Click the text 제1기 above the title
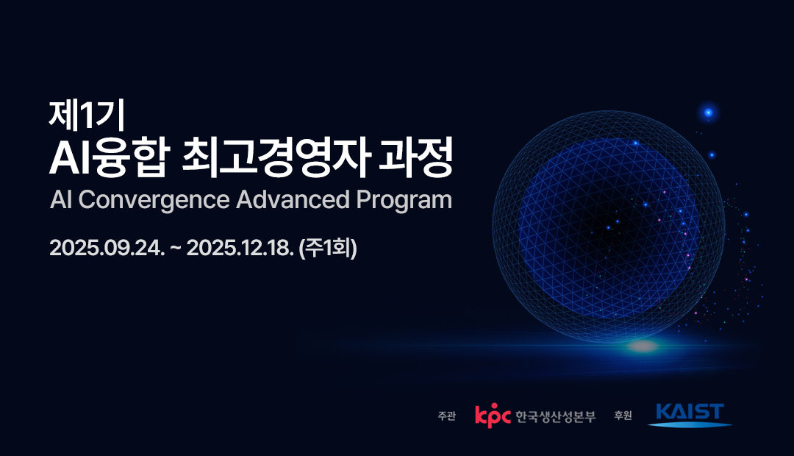(87, 115)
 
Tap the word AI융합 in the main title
(108, 157)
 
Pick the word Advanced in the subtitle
(293, 199)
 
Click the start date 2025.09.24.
(107, 249)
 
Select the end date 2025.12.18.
(240, 249)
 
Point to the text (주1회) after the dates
(328, 249)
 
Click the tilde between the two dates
(176, 249)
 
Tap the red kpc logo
(493, 416)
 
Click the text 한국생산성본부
(556, 416)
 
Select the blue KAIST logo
(690, 415)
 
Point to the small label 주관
(447, 416)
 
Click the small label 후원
(623, 416)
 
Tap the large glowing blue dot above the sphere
(709, 113)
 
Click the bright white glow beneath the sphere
(643, 346)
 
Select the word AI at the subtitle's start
(61, 199)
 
